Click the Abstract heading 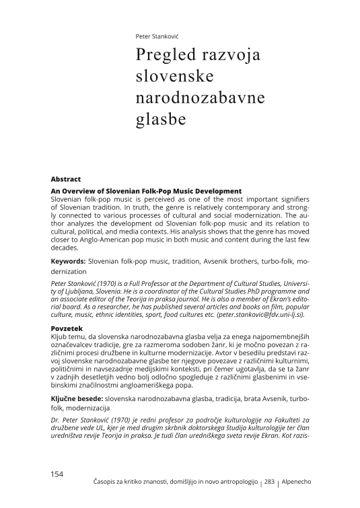point(65,180)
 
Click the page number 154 point(57,474)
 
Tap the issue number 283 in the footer point(270,482)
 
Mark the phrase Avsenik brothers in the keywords point(223,260)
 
